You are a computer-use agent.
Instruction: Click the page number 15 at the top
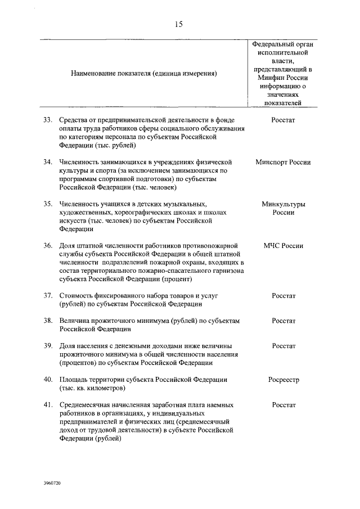(x=179, y=24)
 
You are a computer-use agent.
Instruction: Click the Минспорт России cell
(x=283, y=162)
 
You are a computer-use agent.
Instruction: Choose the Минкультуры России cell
(x=283, y=208)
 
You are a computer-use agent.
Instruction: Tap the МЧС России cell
(x=283, y=246)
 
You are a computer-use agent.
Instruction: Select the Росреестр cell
(x=283, y=380)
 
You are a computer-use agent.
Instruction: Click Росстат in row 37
(x=283, y=296)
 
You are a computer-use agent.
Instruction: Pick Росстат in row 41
(x=283, y=404)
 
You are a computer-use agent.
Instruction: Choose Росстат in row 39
(x=283, y=346)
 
